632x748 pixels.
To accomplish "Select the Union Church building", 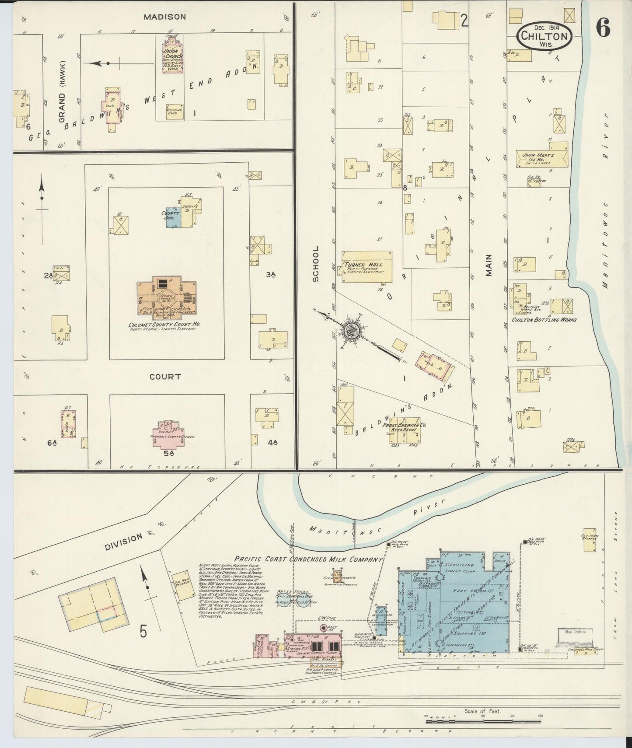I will coord(172,57).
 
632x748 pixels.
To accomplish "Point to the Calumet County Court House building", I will coord(166,295).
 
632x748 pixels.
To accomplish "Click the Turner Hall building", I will coord(367,266).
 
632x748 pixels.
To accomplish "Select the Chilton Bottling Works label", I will coord(544,320).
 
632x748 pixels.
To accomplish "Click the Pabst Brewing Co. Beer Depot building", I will coord(405,430).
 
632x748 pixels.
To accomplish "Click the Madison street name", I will coord(165,17).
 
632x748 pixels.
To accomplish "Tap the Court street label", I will coord(165,376).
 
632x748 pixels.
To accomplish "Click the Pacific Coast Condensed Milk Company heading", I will coord(308,559).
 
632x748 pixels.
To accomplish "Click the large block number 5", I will coord(143,631).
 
